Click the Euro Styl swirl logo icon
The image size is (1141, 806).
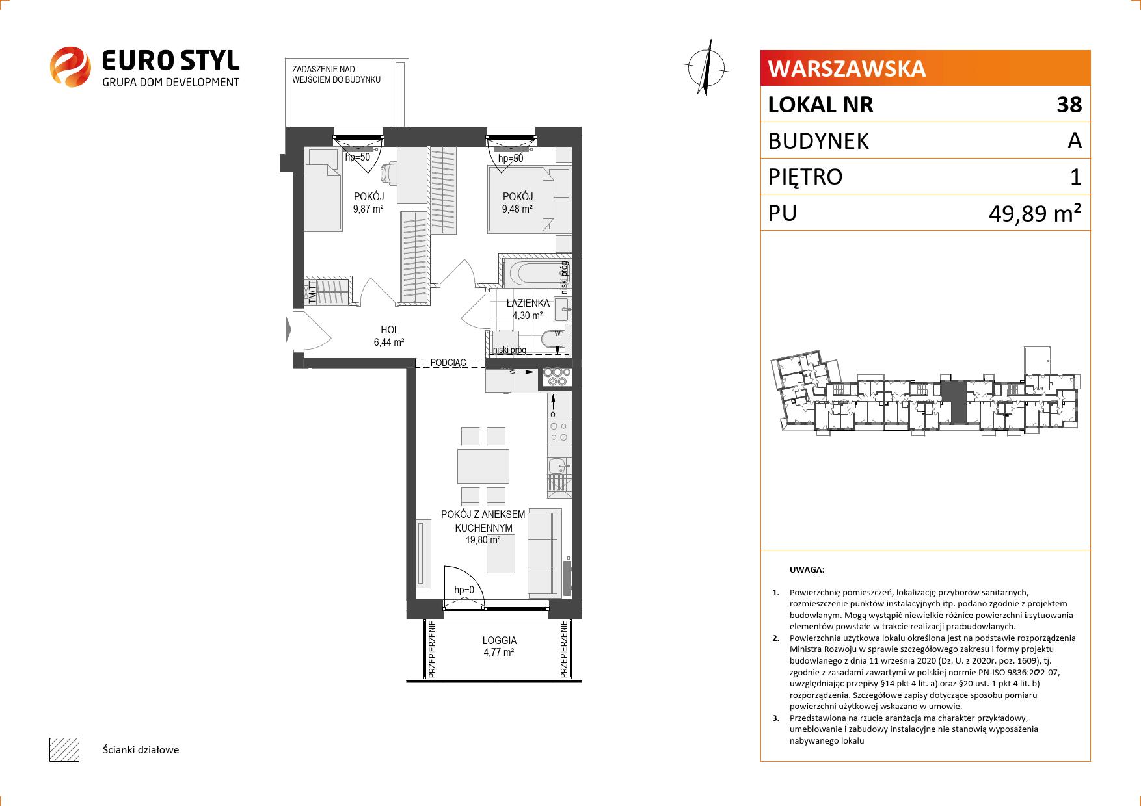(x=70, y=66)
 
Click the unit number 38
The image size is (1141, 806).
(x=1069, y=105)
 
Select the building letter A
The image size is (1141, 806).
(x=1075, y=140)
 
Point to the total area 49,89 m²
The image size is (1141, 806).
(x=1035, y=213)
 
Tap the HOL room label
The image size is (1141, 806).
(x=390, y=330)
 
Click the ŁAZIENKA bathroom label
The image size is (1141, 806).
(x=528, y=304)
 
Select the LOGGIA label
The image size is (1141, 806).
(x=500, y=641)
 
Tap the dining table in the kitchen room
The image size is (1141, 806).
(x=483, y=466)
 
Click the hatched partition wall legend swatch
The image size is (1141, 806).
(x=64, y=749)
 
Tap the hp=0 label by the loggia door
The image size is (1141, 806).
(x=464, y=590)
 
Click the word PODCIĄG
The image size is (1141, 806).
(x=449, y=363)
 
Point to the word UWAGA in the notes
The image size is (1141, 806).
(x=807, y=570)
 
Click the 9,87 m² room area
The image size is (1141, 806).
(x=368, y=209)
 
